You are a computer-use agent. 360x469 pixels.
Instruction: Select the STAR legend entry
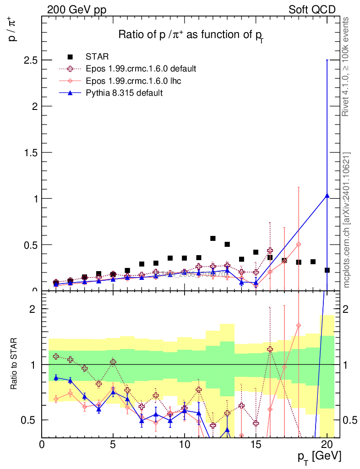pos(97,57)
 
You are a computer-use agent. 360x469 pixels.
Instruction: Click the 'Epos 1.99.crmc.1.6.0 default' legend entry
pos(141,69)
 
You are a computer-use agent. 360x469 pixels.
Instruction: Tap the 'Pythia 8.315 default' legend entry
pos(124,93)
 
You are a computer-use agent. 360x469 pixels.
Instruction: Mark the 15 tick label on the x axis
pos(256,444)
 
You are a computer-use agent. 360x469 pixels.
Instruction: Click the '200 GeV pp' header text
pos(76,10)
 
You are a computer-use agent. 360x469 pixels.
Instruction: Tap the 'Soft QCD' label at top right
pos(312,10)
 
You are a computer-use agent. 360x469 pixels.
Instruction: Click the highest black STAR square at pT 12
pos(213,238)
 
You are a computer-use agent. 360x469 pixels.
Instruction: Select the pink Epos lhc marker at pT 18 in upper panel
pos(299,244)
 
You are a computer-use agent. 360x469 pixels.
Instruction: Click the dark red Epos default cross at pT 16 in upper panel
pos(270,251)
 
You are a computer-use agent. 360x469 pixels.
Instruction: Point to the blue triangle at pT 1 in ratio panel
pos(56,377)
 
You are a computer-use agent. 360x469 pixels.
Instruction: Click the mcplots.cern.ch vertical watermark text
pos(347,220)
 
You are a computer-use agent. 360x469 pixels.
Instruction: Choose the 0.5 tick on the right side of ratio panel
pos(349,420)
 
